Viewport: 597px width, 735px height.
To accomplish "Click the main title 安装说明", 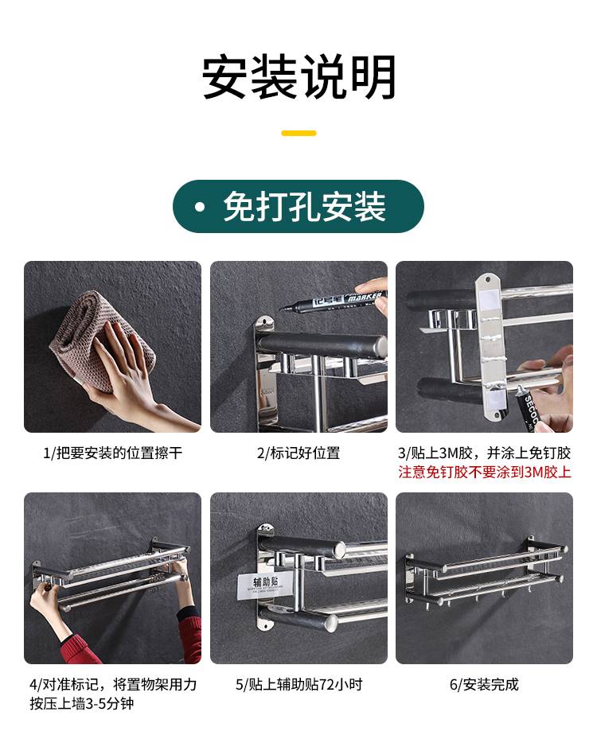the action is click(x=298, y=76).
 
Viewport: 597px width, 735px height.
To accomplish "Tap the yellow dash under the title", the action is click(x=298, y=133).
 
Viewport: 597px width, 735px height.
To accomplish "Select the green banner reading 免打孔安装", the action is click(x=298, y=206).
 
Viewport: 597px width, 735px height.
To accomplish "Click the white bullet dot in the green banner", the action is click(x=200, y=207).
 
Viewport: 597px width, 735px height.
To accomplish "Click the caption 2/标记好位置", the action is click(x=298, y=453).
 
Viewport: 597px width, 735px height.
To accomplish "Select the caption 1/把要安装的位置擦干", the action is click(x=112, y=453).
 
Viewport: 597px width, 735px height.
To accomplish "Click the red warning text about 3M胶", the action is click(x=485, y=472).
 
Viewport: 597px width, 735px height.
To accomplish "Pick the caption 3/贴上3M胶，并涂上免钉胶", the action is click(x=485, y=453).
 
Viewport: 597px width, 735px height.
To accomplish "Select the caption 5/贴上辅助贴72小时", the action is click(x=298, y=684).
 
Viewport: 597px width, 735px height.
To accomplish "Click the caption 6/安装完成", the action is click(x=485, y=684).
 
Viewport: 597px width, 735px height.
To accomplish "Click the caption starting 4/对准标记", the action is click(x=113, y=694).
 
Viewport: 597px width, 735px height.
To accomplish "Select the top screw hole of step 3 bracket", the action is click(x=487, y=280).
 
